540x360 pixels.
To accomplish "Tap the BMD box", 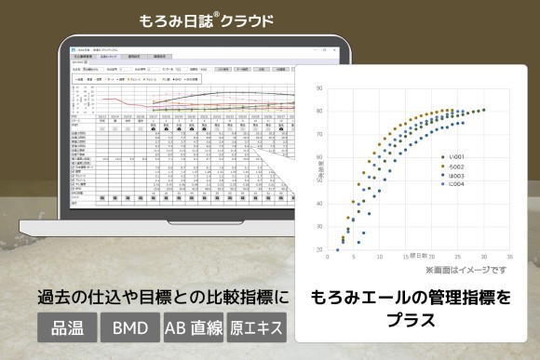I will (130, 328).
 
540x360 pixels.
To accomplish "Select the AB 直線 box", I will (194, 328).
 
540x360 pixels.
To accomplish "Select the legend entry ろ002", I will (455, 167).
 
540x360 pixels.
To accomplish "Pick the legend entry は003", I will (455, 176).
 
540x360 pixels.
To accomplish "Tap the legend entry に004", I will (455, 185).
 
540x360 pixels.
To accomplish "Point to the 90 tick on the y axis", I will (319, 90).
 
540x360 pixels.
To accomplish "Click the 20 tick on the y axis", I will (319, 249).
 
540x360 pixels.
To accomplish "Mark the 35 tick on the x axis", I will (509, 257).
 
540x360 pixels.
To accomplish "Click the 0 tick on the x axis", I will (327, 257).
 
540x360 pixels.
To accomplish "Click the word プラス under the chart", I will (412, 321).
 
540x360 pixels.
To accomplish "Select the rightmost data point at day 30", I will (483, 110).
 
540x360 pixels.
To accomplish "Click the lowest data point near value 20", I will (337, 249).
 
